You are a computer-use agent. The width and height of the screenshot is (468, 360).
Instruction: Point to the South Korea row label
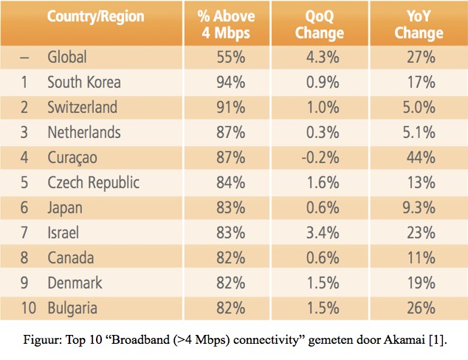click(x=83, y=82)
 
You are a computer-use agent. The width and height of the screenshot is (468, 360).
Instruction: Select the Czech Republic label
click(x=93, y=182)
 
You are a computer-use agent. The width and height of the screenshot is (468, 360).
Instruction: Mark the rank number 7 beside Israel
click(x=24, y=232)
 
